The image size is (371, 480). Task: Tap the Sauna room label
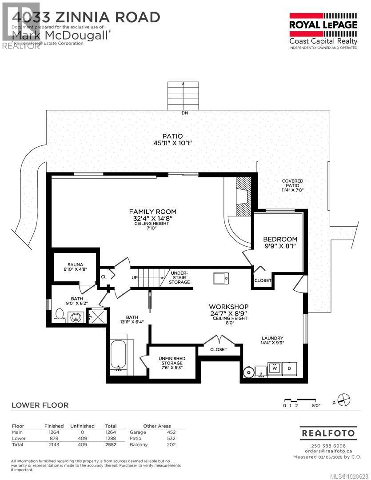point(76,265)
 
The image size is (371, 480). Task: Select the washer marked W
point(275,368)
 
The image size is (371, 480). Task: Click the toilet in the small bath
point(59,316)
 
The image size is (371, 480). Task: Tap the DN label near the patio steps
point(185,113)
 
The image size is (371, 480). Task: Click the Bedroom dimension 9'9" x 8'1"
point(279,246)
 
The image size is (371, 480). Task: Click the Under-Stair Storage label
point(179,277)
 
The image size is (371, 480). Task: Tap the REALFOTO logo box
point(328,432)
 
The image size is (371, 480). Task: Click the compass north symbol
point(343,399)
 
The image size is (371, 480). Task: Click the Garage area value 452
point(171,432)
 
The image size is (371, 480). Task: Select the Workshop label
point(229,307)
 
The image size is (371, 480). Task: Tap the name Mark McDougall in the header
point(60,35)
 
